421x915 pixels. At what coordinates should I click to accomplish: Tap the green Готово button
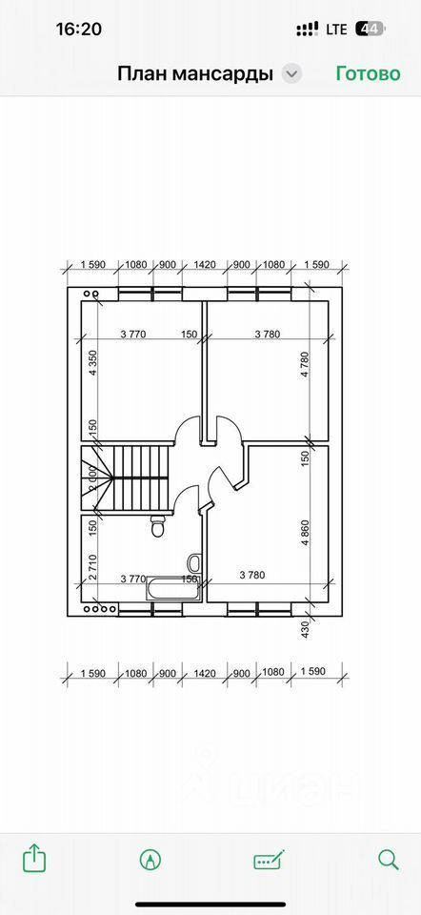(x=368, y=73)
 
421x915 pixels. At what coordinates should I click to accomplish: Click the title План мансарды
(x=195, y=74)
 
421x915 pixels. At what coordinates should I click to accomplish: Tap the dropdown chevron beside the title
(x=291, y=74)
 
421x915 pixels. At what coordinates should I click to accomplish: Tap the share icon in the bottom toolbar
(x=34, y=859)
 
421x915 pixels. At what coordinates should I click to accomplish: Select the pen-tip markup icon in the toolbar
(x=150, y=860)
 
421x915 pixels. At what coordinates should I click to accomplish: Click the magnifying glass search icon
(x=388, y=860)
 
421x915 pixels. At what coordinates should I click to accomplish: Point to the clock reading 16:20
(x=79, y=29)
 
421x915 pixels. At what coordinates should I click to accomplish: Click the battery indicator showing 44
(x=371, y=29)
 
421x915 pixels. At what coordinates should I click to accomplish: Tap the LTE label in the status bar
(x=336, y=30)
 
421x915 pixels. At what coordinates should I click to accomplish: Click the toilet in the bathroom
(x=157, y=527)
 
